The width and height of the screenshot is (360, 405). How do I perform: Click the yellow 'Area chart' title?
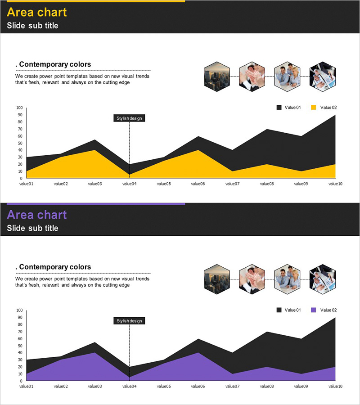[x=36, y=12]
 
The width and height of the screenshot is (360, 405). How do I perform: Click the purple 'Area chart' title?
[x=36, y=215]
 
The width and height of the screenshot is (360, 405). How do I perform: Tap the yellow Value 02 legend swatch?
[x=314, y=108]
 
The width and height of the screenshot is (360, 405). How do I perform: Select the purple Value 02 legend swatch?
[x=314, y=310]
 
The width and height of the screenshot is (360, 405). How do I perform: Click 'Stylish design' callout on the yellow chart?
[x=129, y=118]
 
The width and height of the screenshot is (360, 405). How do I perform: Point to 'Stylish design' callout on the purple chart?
[x=129, y=321]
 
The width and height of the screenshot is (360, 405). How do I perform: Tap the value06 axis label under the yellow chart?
[x=198, y=184]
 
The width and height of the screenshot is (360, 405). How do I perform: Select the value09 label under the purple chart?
[x=301, y=386]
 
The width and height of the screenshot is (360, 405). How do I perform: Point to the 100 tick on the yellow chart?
[x=19, y=108]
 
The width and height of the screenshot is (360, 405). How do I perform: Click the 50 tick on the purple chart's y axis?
[x=19, y=346]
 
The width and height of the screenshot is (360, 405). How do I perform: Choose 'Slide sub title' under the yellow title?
[x=32, y=26]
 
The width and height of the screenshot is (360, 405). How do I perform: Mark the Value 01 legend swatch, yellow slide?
[x=279, y=108]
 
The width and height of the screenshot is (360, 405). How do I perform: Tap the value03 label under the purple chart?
[x=95, y=386]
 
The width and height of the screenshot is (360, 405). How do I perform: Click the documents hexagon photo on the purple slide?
[x=323, y=279]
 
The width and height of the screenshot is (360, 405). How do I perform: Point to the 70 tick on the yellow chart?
[x=19, y=129]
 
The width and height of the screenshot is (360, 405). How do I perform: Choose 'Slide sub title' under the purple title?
[x=32, y=228]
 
